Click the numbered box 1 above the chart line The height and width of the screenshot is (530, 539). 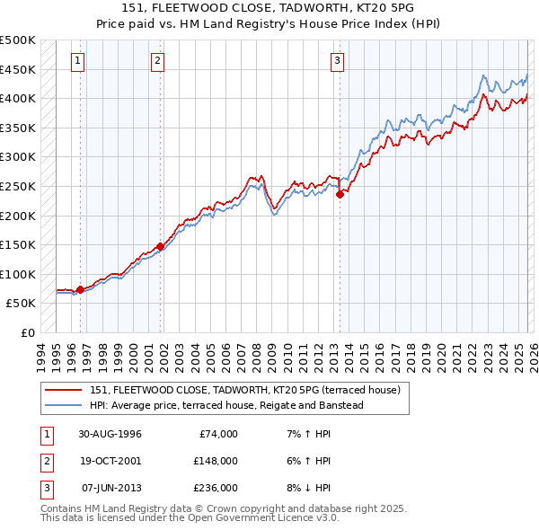coord(78,61)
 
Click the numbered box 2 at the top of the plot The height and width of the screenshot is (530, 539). coord(157,61)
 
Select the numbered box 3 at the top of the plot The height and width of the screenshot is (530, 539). coord(337,61)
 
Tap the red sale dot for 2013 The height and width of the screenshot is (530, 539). coord(340,193)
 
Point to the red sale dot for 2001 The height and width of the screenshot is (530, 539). coord(161,245)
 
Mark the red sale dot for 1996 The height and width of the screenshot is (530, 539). coord(81,289)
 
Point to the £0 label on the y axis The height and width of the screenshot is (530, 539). coord(27,332)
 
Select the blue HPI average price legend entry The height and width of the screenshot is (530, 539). coord(225,405)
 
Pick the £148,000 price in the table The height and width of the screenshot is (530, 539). coord(215,461)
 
